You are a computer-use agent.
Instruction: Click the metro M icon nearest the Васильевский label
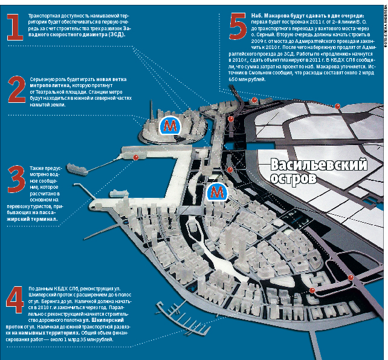216,192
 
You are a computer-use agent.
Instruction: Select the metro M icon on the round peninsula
171,125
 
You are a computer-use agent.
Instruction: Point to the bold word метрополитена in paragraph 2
50,87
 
